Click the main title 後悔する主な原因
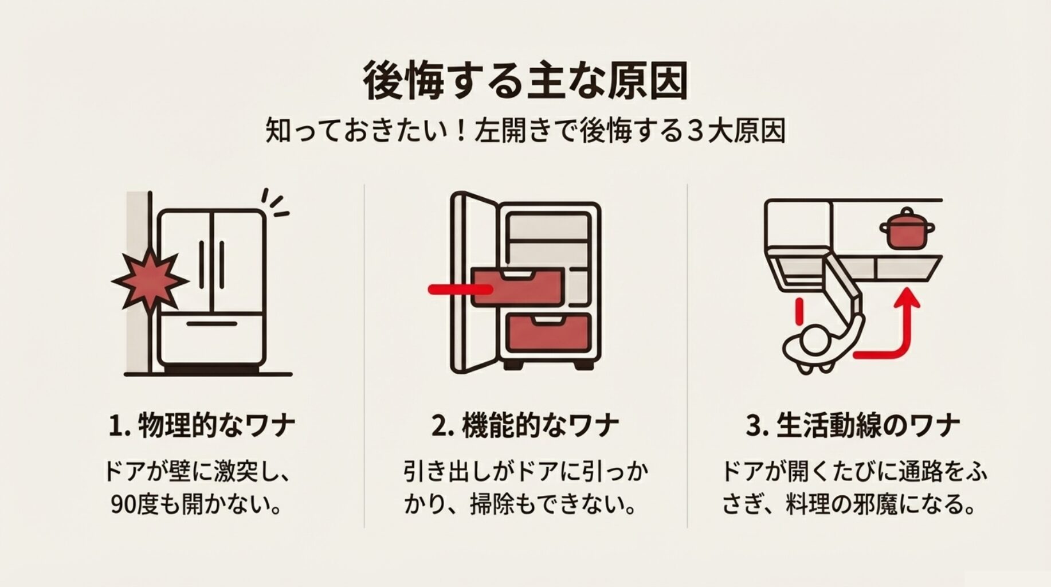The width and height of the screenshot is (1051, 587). [525, 82]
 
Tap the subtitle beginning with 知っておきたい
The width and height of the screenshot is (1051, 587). [525, 131]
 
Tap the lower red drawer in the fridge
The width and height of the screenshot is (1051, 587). [548, 333]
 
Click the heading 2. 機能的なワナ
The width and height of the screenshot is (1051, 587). [525, 426]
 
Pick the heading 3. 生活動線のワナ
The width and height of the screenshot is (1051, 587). [852, 426]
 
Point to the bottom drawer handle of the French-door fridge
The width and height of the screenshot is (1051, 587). [211, 324]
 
